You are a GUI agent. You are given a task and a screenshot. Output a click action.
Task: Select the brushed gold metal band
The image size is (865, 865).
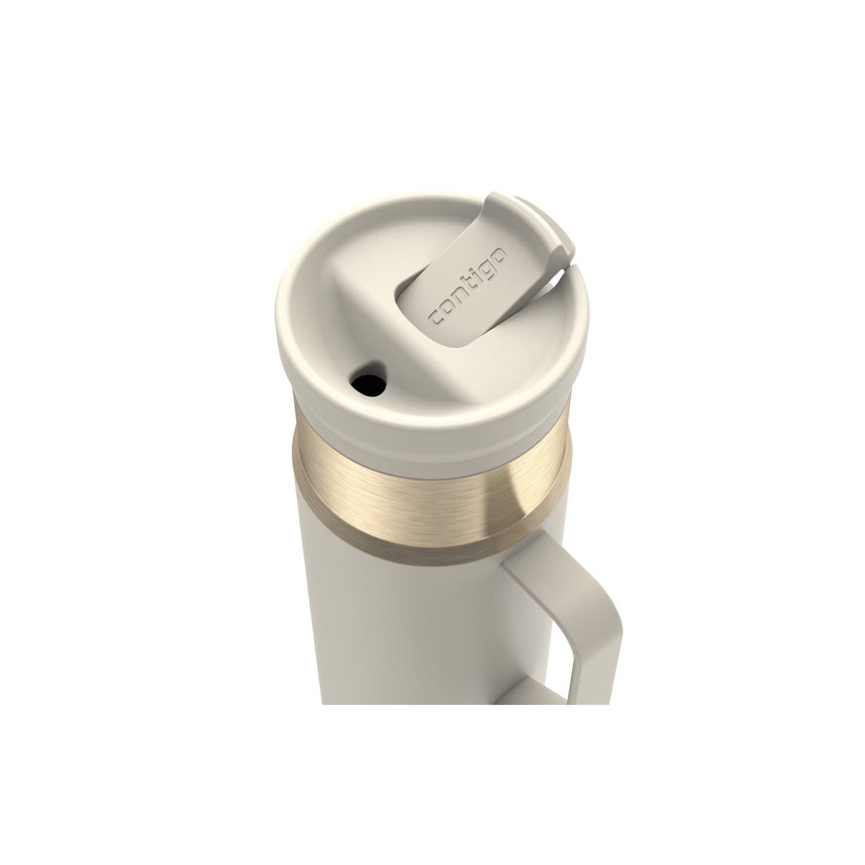(431, 485)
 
